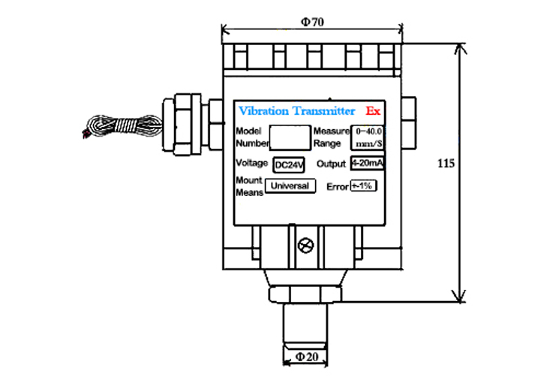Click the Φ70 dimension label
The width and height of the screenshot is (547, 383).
[x=312, y=23]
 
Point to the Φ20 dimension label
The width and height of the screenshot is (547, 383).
[x=305, y=357]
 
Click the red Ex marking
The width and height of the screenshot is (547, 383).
[x=374, y=111]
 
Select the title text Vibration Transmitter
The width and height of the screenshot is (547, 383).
[x=296, y=111]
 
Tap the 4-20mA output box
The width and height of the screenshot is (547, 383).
[x=368, y=164]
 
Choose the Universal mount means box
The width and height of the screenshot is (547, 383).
[x=290, y=185]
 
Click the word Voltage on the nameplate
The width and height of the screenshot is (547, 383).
[x=252, y=164]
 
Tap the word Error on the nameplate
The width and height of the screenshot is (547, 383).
[x=338, y=187]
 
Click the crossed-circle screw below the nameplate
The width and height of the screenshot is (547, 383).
[x=305, y=246]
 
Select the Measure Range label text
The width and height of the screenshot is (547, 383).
[x=332, y=137]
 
